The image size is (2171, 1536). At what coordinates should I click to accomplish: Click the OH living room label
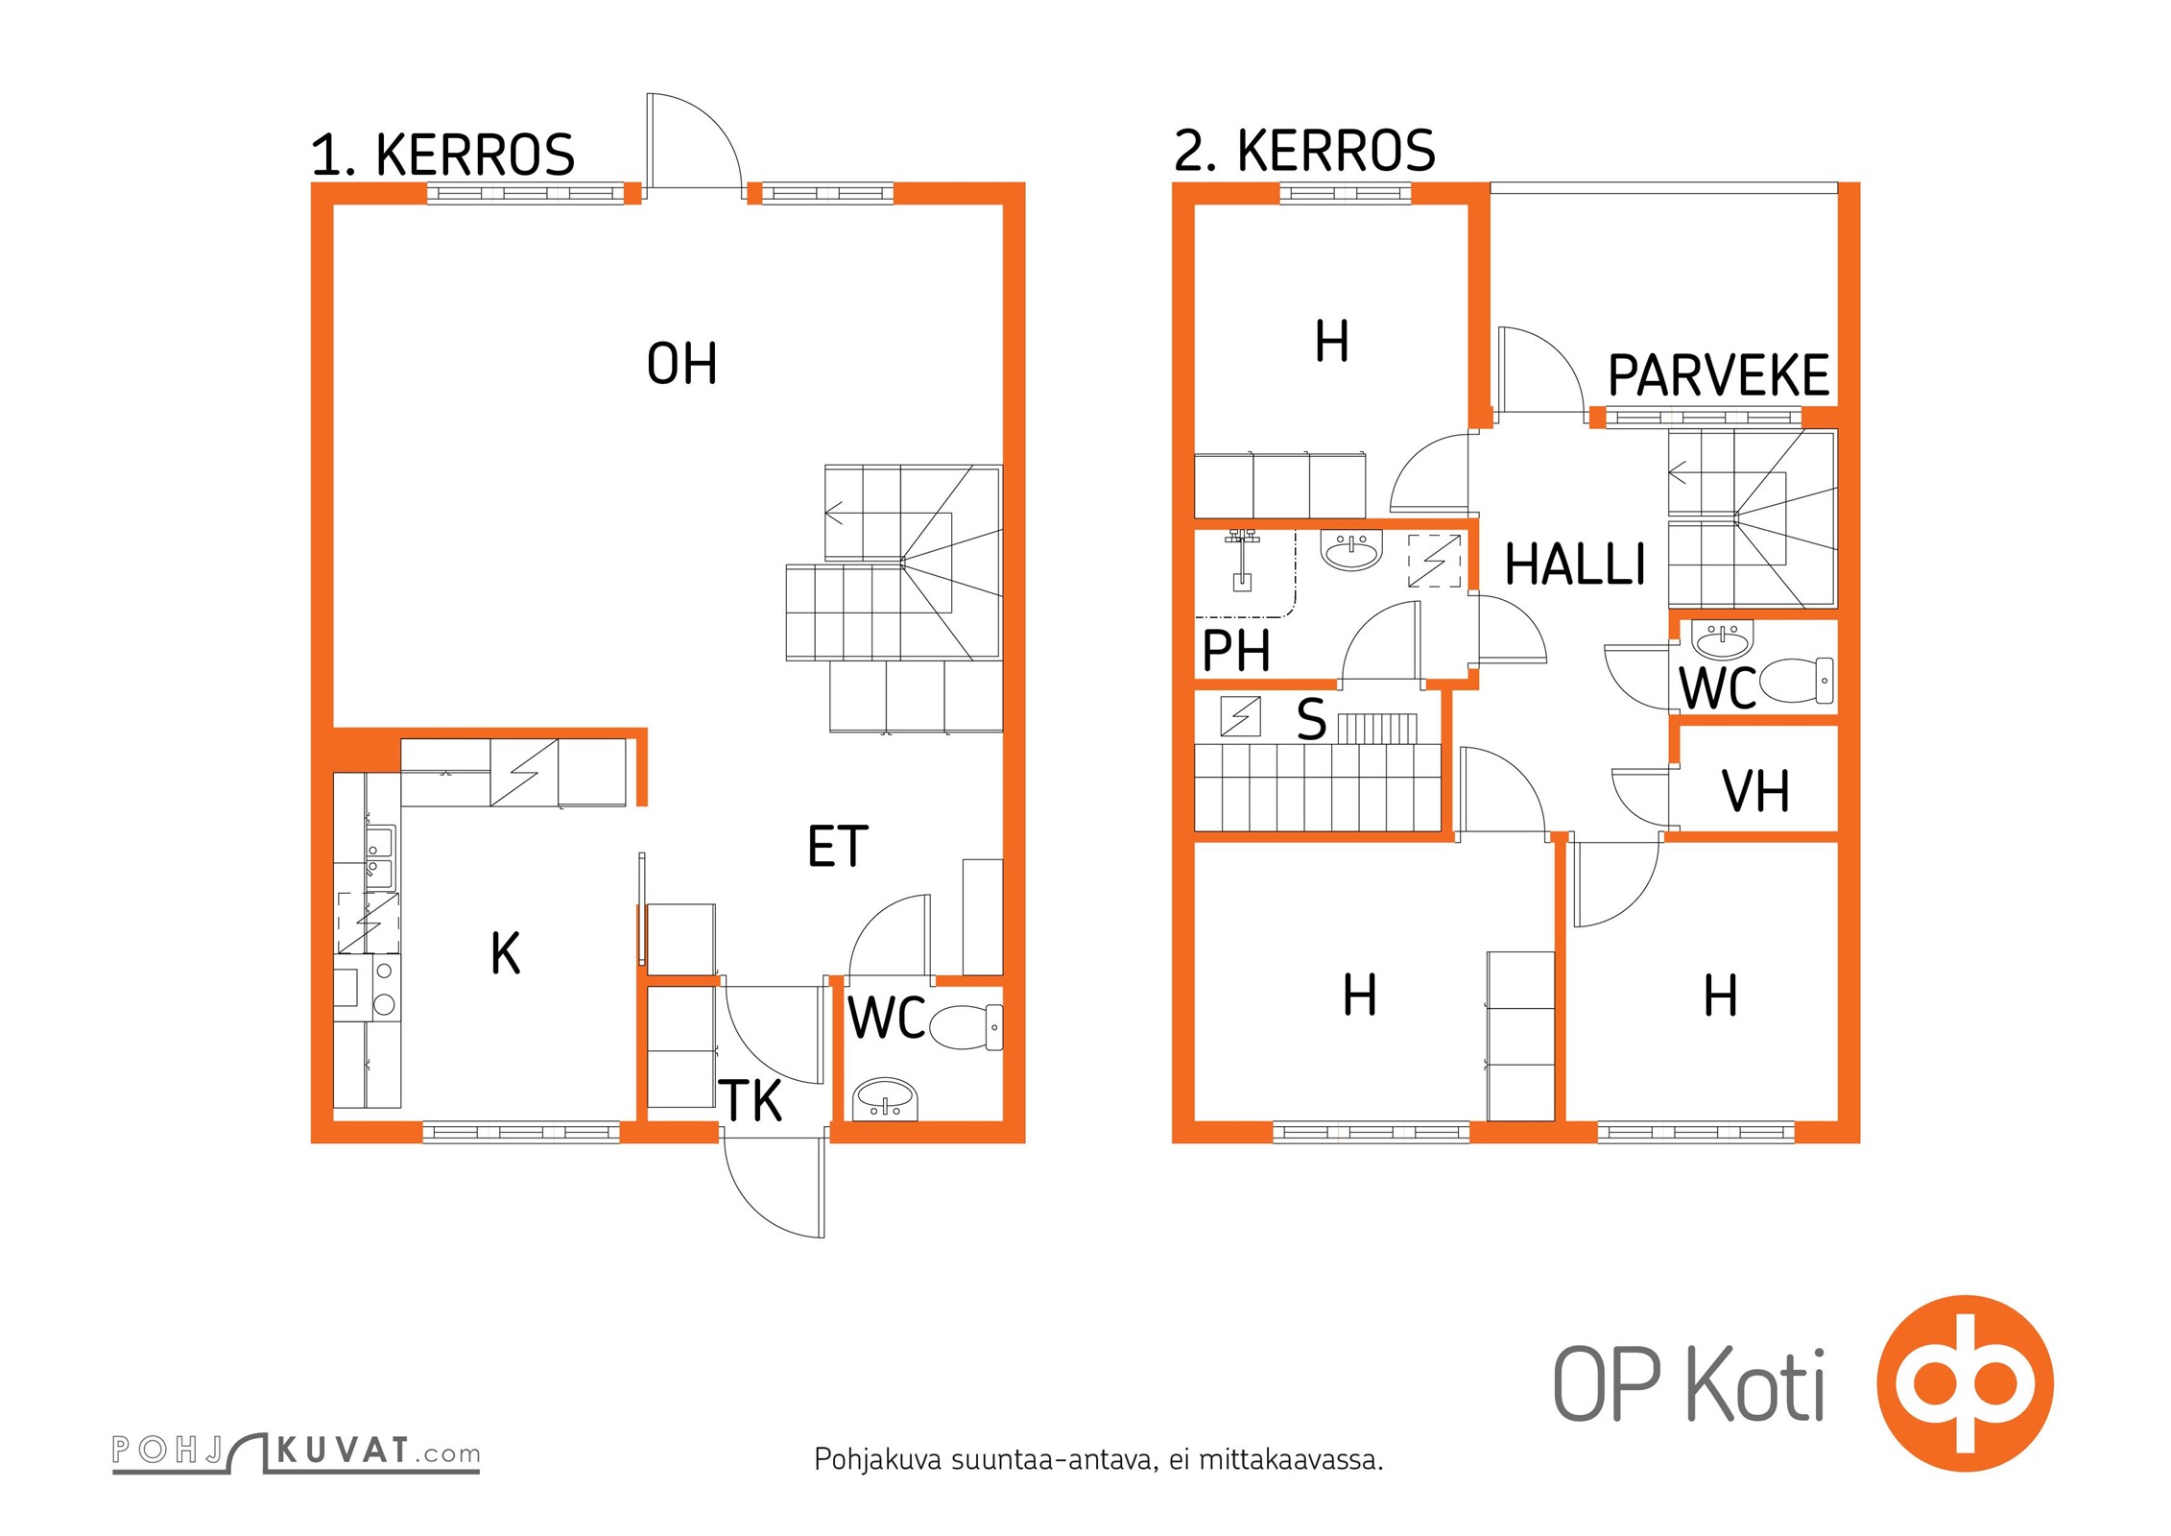[681, 364]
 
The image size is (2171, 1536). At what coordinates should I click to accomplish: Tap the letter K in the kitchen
[506, 953]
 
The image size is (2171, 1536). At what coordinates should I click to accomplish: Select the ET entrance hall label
[838, 847]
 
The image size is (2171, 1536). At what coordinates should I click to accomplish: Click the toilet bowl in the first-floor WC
[965, 1026]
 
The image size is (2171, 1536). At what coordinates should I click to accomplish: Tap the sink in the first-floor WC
[885, 1098]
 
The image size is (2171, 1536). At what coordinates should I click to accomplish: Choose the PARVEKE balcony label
[1718, 375]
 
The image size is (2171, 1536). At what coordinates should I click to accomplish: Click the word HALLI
[1575, 564]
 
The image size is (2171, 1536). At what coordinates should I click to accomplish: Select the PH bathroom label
[1236, 651]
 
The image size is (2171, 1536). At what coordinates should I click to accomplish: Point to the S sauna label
[1311, 719]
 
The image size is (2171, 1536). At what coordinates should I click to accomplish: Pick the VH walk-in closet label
[1755, 792]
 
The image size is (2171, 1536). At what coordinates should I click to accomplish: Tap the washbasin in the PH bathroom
[1351, 550]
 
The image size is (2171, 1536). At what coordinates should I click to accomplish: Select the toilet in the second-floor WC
[1797, 680]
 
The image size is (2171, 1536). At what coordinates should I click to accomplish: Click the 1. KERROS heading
[442, 155]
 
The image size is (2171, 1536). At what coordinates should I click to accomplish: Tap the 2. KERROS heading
[1304, 151]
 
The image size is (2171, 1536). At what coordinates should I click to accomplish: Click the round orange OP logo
[1965, 1383]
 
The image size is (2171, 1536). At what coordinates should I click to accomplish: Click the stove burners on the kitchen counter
[384, 988]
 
